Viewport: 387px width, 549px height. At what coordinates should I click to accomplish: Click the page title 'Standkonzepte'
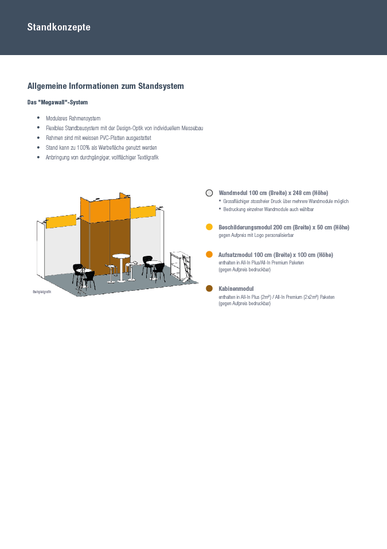click(x=58, y=27)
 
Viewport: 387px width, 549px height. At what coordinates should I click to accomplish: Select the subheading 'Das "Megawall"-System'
click(x=57, y=102)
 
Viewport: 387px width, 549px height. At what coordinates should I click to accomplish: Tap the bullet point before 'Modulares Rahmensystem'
click(x=38, y=118)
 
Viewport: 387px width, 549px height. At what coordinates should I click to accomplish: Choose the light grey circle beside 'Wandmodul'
click(x=209, y=193)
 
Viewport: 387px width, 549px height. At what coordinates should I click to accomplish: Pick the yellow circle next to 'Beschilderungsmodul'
click(x=209, y=227)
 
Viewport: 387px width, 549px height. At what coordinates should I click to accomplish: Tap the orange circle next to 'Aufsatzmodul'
click(x=209, y=254)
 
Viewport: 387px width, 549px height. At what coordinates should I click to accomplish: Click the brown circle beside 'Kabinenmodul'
click(x=209, y=289)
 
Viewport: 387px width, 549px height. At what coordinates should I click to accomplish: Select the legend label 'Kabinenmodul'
click(x=236, y=289)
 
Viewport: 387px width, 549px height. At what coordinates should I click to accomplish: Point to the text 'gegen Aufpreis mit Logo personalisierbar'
click(x=256, y=235)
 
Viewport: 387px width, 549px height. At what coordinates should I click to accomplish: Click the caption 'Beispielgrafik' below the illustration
click(x=42, y=293)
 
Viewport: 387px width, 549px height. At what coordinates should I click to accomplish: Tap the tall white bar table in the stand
click(x=121, y=267)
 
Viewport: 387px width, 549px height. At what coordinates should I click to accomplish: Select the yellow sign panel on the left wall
click(x=61, y=221)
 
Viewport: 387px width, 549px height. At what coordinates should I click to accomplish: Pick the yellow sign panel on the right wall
click(x=143, y=212)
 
